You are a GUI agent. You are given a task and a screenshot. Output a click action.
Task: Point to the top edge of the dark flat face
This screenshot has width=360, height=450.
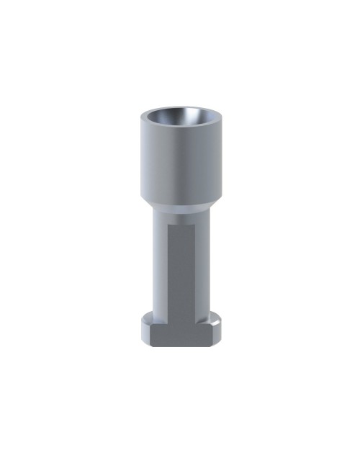click(x=181, y=225)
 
